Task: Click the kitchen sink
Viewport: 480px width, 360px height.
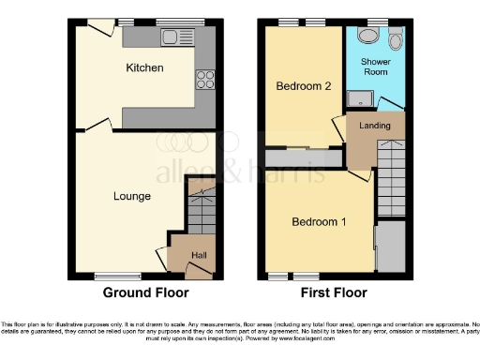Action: (x=172, y=37)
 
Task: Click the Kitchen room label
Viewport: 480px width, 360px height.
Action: (x=145, y=68)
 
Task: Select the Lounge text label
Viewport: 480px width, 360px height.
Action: (x=131, y=197)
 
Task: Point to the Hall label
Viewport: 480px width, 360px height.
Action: (x=199, y=254)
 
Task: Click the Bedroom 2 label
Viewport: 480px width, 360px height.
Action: (x=303, y=86)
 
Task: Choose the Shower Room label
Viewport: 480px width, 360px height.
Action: (x=376, y=67)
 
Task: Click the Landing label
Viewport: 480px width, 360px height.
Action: (x=375, y=126)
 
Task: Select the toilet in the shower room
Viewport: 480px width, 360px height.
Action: (x=395, y=38)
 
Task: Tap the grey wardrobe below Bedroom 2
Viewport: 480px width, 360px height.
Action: (x=303, y=157)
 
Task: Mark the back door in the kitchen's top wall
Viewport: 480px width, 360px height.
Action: (x=97, y=28)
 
